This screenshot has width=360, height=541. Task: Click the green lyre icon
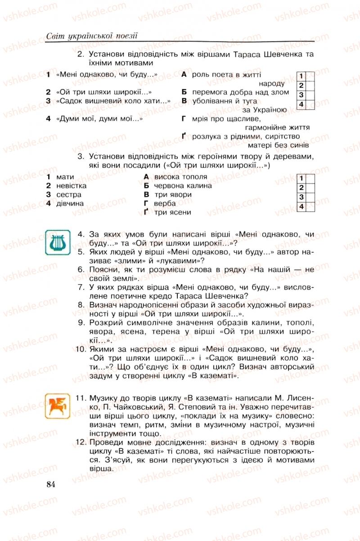click(x=56, y=241)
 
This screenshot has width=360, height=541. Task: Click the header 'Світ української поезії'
click(x=92, y=36)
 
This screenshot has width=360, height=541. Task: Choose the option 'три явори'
click(x=173, y=195)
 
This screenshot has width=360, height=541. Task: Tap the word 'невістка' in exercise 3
click(x=72, y=186)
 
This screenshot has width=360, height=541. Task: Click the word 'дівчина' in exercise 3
click(x=70, y=203)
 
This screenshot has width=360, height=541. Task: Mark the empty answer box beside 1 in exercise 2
click(x=310, y=76)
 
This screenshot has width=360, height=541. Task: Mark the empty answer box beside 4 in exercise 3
click(x=310, y=206)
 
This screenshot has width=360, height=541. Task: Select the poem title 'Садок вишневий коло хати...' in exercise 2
click(x=113, y=101)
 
